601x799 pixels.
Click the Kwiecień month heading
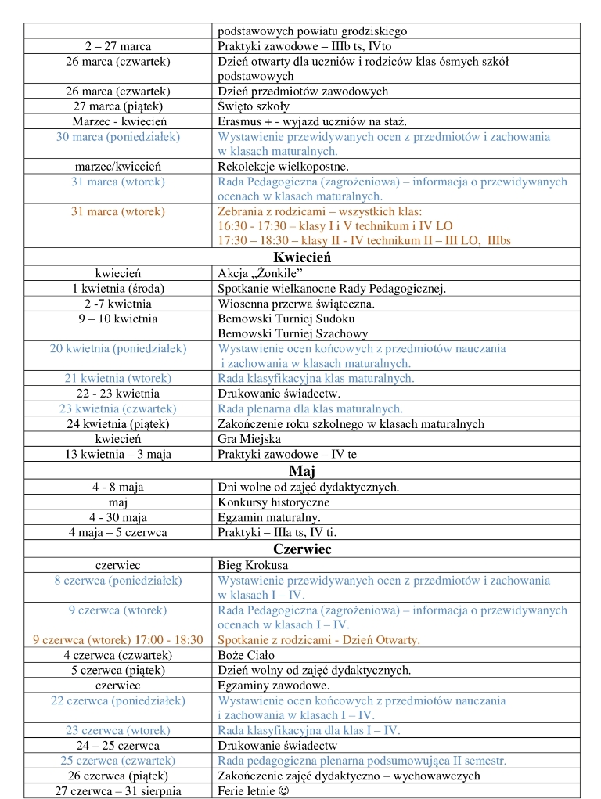tap(301, 257)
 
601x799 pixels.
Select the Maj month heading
tap(301, 470)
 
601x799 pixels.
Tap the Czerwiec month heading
tap(302, 549)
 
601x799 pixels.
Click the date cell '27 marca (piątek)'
tap(118, 106)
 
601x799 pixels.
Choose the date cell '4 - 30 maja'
tap(118, 517)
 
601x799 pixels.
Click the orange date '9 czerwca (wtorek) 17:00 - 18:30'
tap(118, 639)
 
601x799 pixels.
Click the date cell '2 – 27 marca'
tap(118, 46)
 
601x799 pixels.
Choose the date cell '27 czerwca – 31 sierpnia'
tap(118, 790)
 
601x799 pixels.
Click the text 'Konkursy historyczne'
tap(274, 502)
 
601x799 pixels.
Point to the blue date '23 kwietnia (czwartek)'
tap(118, 408)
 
